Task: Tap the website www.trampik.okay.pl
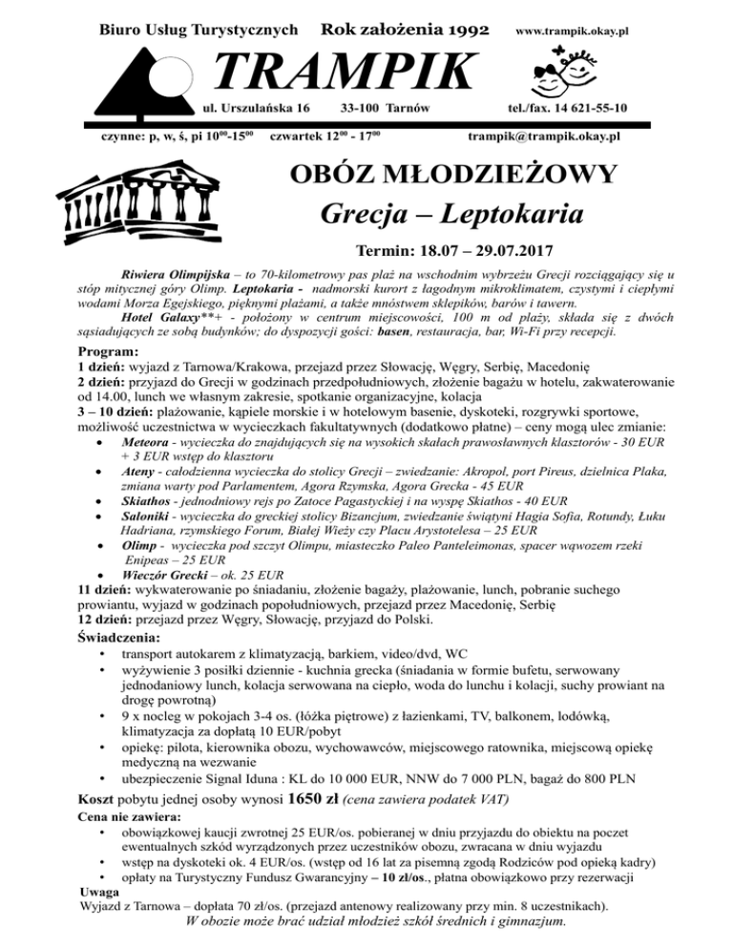tap(571, 32)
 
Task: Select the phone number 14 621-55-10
tap(583, 106)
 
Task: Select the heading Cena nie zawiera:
tap(132, 818)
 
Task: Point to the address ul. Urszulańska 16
tap(257, 106)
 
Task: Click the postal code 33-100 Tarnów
tap(386, 106)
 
